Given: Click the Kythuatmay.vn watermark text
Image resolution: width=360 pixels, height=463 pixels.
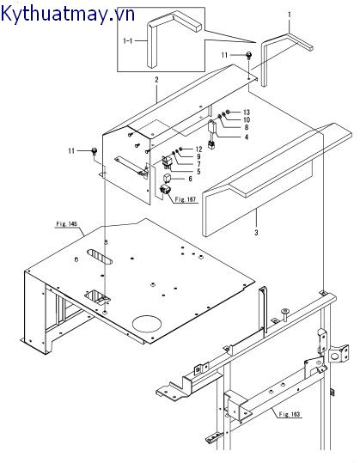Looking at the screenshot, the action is point(68,14).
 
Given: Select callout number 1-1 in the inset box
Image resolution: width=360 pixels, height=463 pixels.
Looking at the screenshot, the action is point(127,40).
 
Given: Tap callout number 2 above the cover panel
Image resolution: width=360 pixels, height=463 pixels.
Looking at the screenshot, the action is point(157,80).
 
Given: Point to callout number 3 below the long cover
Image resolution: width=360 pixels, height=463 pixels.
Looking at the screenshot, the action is point(256,233).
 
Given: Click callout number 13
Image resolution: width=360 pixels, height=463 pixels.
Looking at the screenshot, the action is point(247,113).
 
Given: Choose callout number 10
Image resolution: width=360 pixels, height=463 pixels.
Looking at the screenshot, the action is point(247,119).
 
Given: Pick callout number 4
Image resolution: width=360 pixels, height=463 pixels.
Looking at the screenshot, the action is point(247,137).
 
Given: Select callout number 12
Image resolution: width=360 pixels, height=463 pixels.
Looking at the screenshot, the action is point(198,149).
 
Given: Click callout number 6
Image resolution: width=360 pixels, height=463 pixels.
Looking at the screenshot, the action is point(190,179).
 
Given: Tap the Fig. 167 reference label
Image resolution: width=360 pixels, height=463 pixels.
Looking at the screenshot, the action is point(186,199).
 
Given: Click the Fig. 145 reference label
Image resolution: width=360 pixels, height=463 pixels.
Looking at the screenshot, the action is point(66,224).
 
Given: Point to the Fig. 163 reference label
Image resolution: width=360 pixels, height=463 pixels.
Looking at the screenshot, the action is point(290,414).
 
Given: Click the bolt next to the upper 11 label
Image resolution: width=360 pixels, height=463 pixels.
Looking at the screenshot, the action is point(248,55).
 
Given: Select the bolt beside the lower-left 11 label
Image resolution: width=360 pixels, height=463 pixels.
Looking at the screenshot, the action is point(95,151).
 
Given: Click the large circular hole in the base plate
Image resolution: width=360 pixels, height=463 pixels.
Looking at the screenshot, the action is point(147,324).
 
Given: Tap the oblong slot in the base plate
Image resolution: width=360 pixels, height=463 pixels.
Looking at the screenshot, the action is point(100,257).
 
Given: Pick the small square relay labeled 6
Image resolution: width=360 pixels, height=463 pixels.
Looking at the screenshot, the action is point(168,180).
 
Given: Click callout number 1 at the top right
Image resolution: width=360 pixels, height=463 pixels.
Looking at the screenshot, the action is point(290,14).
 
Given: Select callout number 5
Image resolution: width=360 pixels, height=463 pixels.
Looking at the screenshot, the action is point(199,171).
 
